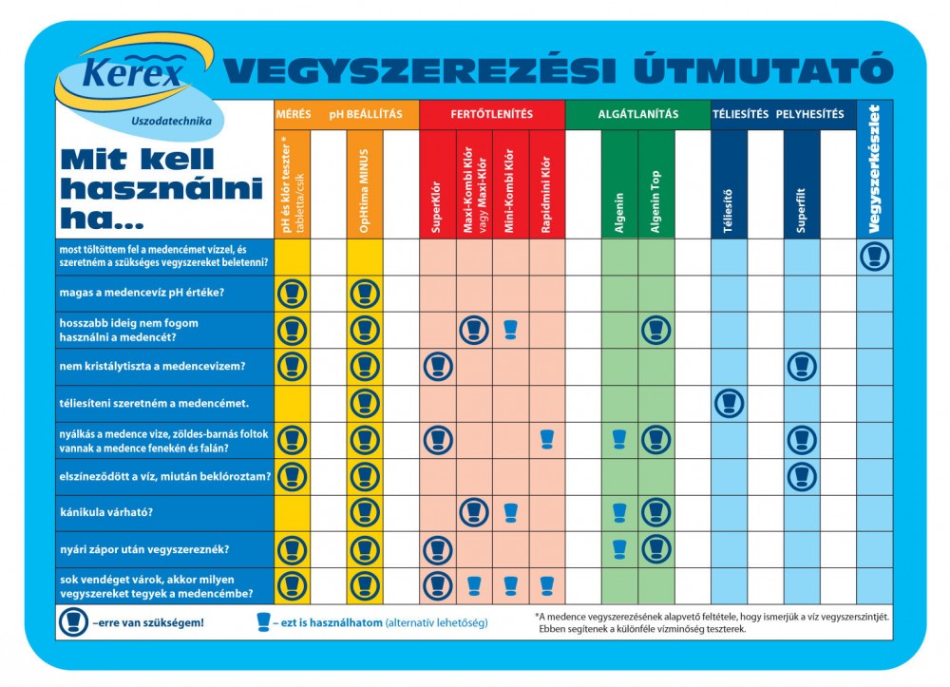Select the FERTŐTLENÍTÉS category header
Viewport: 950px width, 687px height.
(492, 114)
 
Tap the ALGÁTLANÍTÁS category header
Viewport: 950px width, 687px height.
(637, 114)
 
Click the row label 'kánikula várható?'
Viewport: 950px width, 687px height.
(106, 513)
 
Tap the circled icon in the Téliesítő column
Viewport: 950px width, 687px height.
(729, 403)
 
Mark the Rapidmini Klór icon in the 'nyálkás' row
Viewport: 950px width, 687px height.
(546, 439)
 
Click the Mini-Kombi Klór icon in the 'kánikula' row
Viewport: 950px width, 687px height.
(510, 512)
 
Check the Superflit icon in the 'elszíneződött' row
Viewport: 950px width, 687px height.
(802, 476)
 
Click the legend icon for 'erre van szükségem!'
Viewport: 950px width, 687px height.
(73, 623)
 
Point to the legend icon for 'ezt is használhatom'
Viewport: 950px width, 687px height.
(263, 622)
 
